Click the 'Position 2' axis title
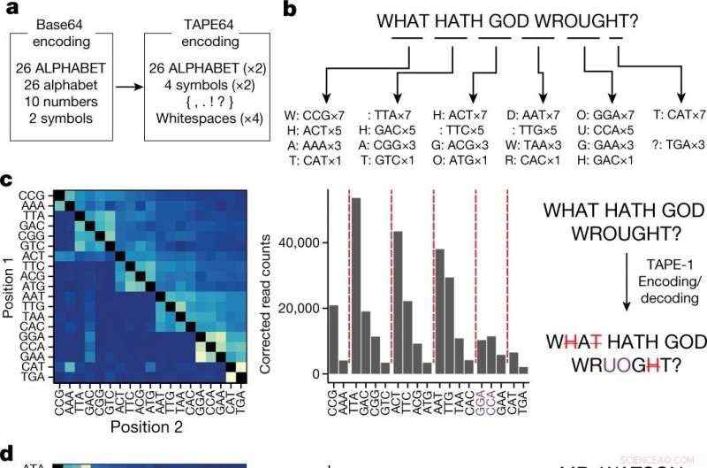tap(147, 427)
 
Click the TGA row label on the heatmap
tap(33, 376)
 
